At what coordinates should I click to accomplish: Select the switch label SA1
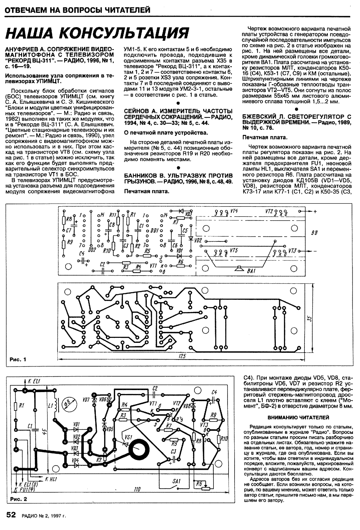176,481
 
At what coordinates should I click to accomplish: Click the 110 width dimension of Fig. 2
137,489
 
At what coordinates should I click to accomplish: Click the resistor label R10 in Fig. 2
224,439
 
